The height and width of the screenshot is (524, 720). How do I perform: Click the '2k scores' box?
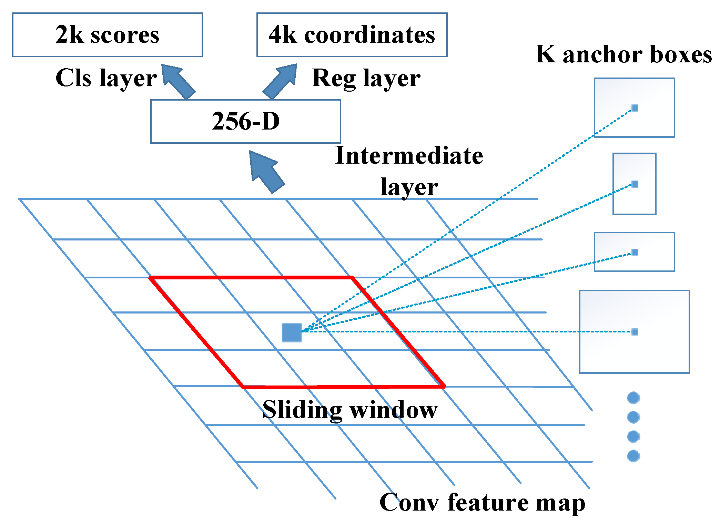(x=107, y=35)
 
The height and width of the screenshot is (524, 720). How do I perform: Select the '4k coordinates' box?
(x=352, y=35)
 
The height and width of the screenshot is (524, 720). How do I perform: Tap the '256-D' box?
(x=245, y=121)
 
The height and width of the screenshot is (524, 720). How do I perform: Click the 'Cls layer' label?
(x=106, y=78)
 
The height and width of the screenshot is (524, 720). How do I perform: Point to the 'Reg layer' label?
(x=366, y=78)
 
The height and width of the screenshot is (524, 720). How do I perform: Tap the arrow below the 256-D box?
(x=266, y=170)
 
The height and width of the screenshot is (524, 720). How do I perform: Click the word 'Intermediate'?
(x=409, y=156)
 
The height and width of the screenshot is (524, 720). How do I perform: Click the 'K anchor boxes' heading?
(x=623, y=54)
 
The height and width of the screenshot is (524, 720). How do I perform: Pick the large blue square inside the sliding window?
(x=292, y=332)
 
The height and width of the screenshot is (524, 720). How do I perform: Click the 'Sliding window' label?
(x=349, y=410)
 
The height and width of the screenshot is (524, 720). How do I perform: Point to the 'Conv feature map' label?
(x=482, y=502)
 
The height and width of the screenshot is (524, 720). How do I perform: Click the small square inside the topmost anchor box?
(x=635, y=108)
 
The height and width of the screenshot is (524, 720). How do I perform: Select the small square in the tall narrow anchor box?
(x=635, y=184)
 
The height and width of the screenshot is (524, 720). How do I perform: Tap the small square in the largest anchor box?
(x=635, y=332)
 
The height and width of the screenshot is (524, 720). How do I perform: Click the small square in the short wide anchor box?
(x=635, y=252)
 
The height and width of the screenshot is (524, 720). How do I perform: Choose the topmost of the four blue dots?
(x=633, y=398)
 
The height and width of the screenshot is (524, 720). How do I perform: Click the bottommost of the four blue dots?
(x=633, y=456)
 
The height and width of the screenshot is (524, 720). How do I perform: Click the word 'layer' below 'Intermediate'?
(x=409, y=187)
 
